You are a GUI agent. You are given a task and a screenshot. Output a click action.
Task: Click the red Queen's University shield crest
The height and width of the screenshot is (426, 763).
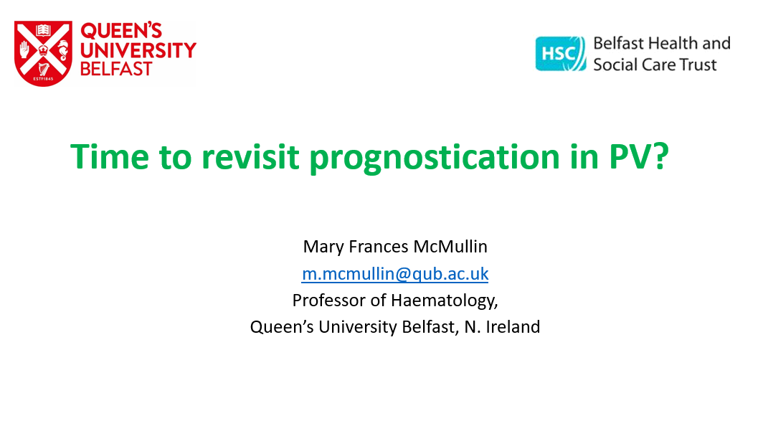pos(43,53)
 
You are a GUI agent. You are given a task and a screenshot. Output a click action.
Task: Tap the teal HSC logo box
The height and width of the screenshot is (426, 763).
pos(561,54)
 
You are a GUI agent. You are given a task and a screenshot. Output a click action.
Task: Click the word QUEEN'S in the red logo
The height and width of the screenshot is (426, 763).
pos(121,31)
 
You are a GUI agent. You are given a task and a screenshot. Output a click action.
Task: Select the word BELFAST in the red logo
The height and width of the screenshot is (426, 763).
pos(116,69)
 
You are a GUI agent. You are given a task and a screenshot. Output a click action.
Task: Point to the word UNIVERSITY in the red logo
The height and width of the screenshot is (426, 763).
pos(138,50)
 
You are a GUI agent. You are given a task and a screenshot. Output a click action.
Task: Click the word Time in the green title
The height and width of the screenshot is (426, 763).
pos(110,156)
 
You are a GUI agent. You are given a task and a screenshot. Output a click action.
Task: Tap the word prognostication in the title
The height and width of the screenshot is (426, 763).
pos(435,158)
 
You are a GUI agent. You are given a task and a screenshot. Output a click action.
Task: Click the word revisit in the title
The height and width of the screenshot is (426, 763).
pos(250,156)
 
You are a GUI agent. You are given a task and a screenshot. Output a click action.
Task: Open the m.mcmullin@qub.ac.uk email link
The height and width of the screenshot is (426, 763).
pos(395,274)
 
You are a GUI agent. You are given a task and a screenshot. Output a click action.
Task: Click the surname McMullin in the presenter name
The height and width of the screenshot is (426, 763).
pos(450,247)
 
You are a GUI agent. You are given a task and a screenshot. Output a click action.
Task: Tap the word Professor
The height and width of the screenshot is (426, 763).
pos(328,300)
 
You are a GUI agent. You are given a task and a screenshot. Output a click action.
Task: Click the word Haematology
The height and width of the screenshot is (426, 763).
pos(445,301)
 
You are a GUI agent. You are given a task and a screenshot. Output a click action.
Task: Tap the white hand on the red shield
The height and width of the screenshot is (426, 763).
pos(24,49)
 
